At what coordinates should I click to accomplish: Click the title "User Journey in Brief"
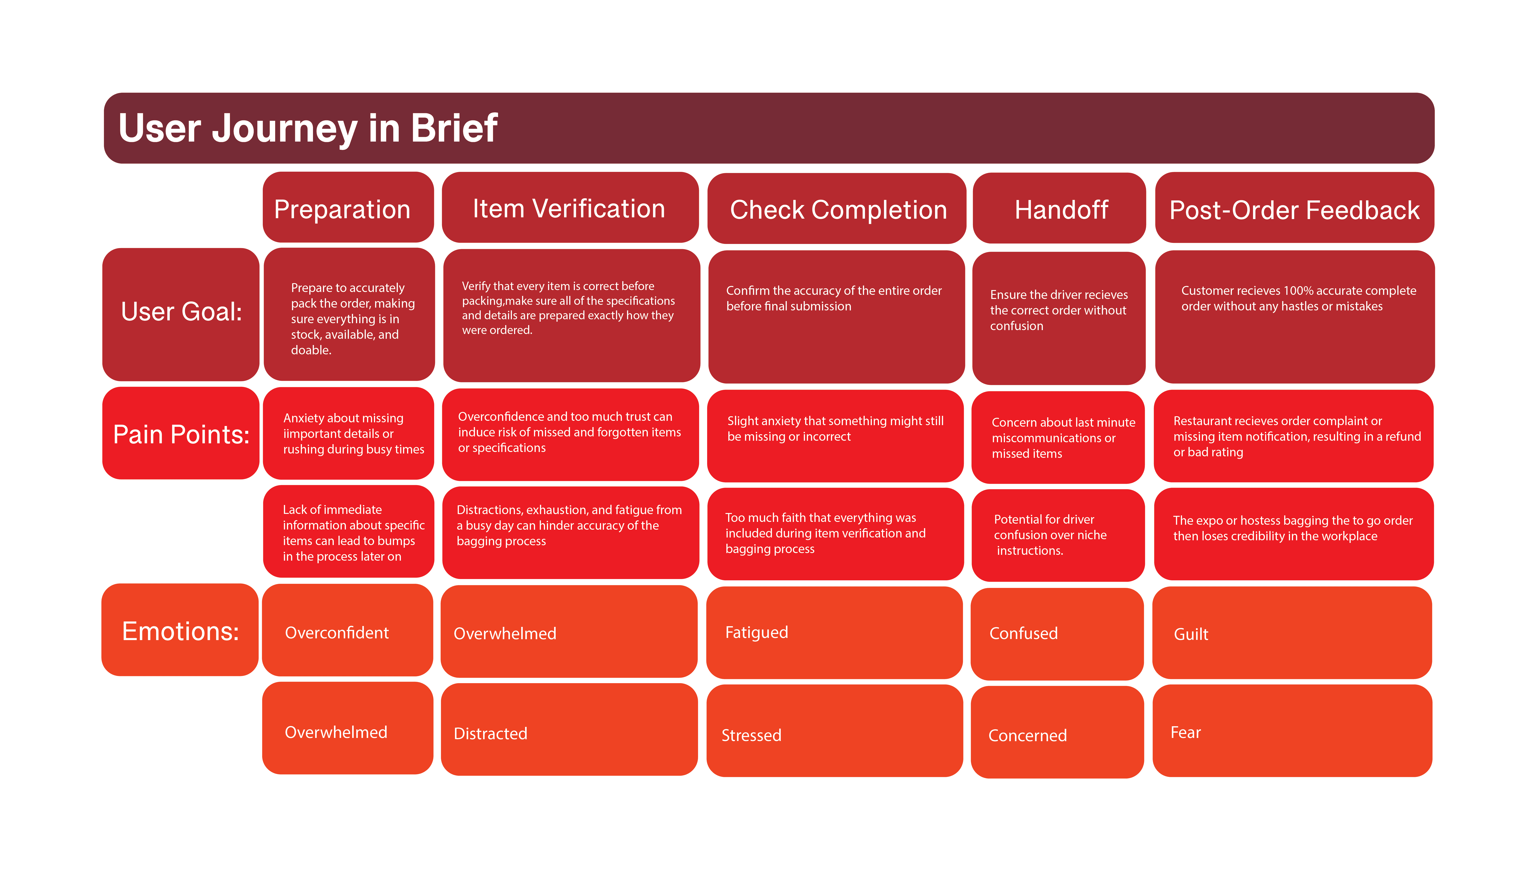pos(307,128)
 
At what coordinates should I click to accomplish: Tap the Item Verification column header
pos(569,209)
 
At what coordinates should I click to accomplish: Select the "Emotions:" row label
pos(180,631)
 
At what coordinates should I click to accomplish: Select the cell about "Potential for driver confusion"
pos(1057,535)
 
